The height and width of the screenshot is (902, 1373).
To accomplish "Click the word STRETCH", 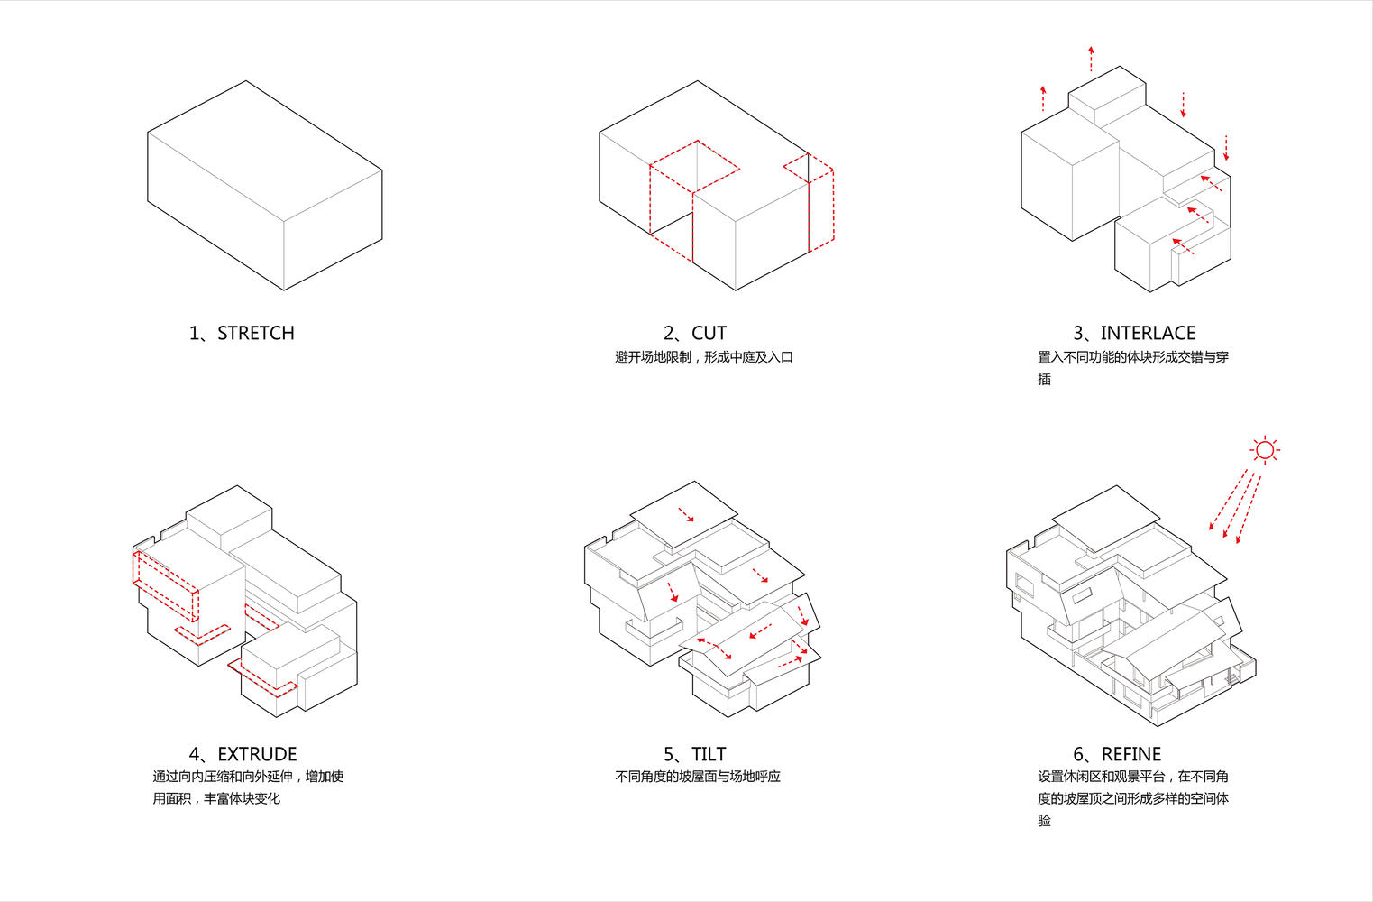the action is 256,333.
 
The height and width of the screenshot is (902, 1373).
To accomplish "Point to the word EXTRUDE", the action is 257,753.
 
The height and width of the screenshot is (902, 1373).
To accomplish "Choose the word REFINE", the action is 1130,753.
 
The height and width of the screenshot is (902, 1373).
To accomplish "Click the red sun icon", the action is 1265,451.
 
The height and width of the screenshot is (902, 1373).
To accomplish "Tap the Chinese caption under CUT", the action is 704,357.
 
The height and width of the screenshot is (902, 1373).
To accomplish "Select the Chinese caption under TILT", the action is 698,777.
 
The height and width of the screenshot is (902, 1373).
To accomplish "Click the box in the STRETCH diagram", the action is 265,185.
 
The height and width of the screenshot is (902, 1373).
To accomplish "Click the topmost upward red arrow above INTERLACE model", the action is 1091,59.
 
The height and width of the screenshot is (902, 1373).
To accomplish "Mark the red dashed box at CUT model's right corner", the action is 809,202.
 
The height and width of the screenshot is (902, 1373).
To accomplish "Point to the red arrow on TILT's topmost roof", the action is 686,514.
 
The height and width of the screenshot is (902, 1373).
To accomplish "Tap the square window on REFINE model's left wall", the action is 1024,585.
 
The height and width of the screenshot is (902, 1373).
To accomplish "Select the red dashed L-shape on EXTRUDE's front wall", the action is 203,635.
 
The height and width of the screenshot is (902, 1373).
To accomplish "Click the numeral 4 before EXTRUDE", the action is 195,753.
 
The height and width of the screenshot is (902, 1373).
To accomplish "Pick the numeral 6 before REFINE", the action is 1078,753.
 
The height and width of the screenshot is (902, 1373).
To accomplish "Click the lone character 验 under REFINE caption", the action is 1045,821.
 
